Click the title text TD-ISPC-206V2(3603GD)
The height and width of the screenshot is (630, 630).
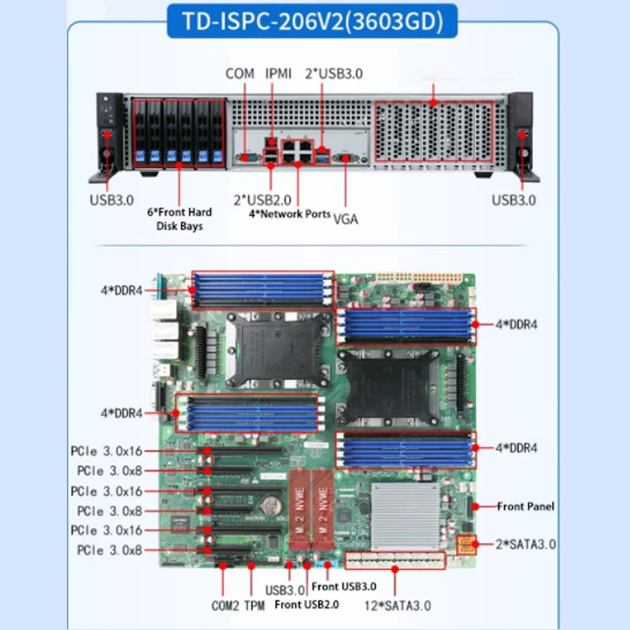[x=313, y=21]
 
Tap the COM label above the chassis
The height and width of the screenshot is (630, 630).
[x=240, y=73]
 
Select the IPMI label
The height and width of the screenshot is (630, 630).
[x=278, y=73]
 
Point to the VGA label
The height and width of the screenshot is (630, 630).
[x=346, y=219]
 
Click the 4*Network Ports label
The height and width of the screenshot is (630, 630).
[x=290, y=213]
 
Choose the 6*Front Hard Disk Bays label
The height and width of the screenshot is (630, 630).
[x=180, y=219]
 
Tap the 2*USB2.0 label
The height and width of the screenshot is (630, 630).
[x=262, y=200]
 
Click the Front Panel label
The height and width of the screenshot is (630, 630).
[x=525, y=506]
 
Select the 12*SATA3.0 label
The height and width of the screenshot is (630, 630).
[x=398, y=606]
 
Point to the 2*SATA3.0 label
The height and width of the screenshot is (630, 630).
[x=526, y=544]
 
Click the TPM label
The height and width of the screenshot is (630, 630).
[x=254, y=606]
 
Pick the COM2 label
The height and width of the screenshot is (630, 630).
[x=225, y=606]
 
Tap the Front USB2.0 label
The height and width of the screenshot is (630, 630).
[x=307, y=604]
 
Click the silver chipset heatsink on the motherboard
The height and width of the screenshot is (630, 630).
[x=405, y=517]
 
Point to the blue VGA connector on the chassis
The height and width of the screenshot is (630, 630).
[x=346, y=158]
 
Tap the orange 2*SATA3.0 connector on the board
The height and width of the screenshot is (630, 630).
[x=465, y=544]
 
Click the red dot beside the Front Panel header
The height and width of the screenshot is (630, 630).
[x=476, y=506]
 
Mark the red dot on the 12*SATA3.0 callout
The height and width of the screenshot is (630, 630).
[x=395, y=569]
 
